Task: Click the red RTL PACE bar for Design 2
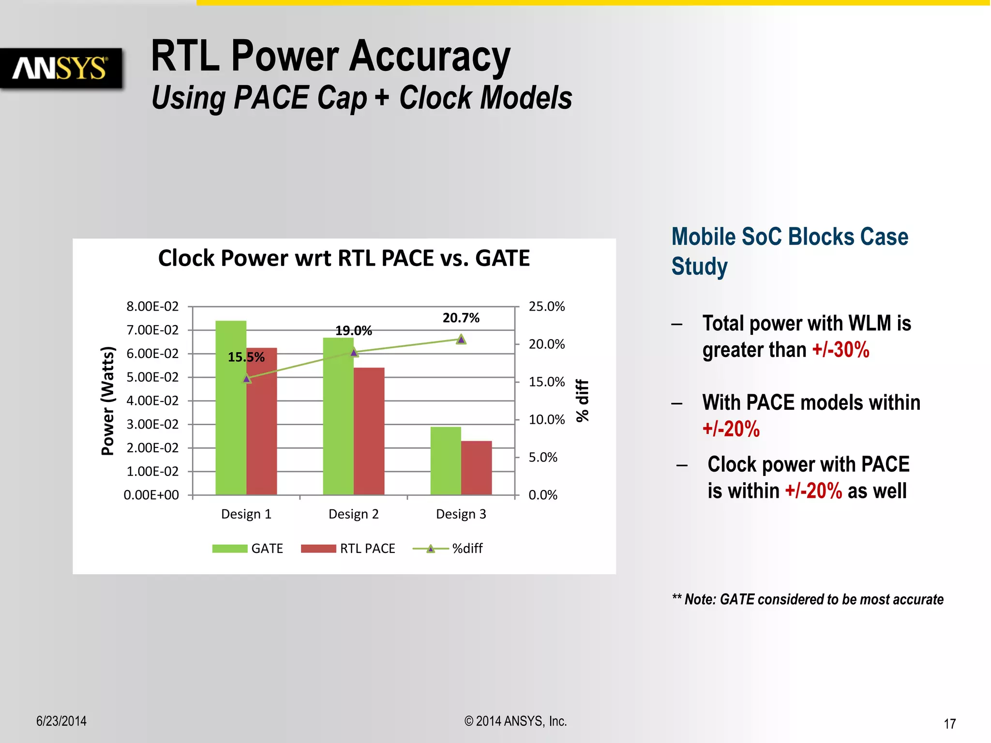point(369,431)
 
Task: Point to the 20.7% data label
point(461,318)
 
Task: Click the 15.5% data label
point(246,357)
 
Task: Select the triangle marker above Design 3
point(461,340)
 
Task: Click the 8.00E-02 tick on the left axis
point(152,306)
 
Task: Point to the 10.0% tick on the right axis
point(546,419)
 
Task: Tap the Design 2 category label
point(353,514)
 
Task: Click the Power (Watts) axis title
point(107,401)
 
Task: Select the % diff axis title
point(582,401)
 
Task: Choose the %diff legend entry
point(448,548)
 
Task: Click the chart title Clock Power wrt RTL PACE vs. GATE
point(344,258)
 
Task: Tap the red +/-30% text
point(841,350)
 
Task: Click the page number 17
point(949,724)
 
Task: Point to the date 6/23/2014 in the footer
point(61,721)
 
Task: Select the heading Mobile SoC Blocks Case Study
point(789,252)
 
